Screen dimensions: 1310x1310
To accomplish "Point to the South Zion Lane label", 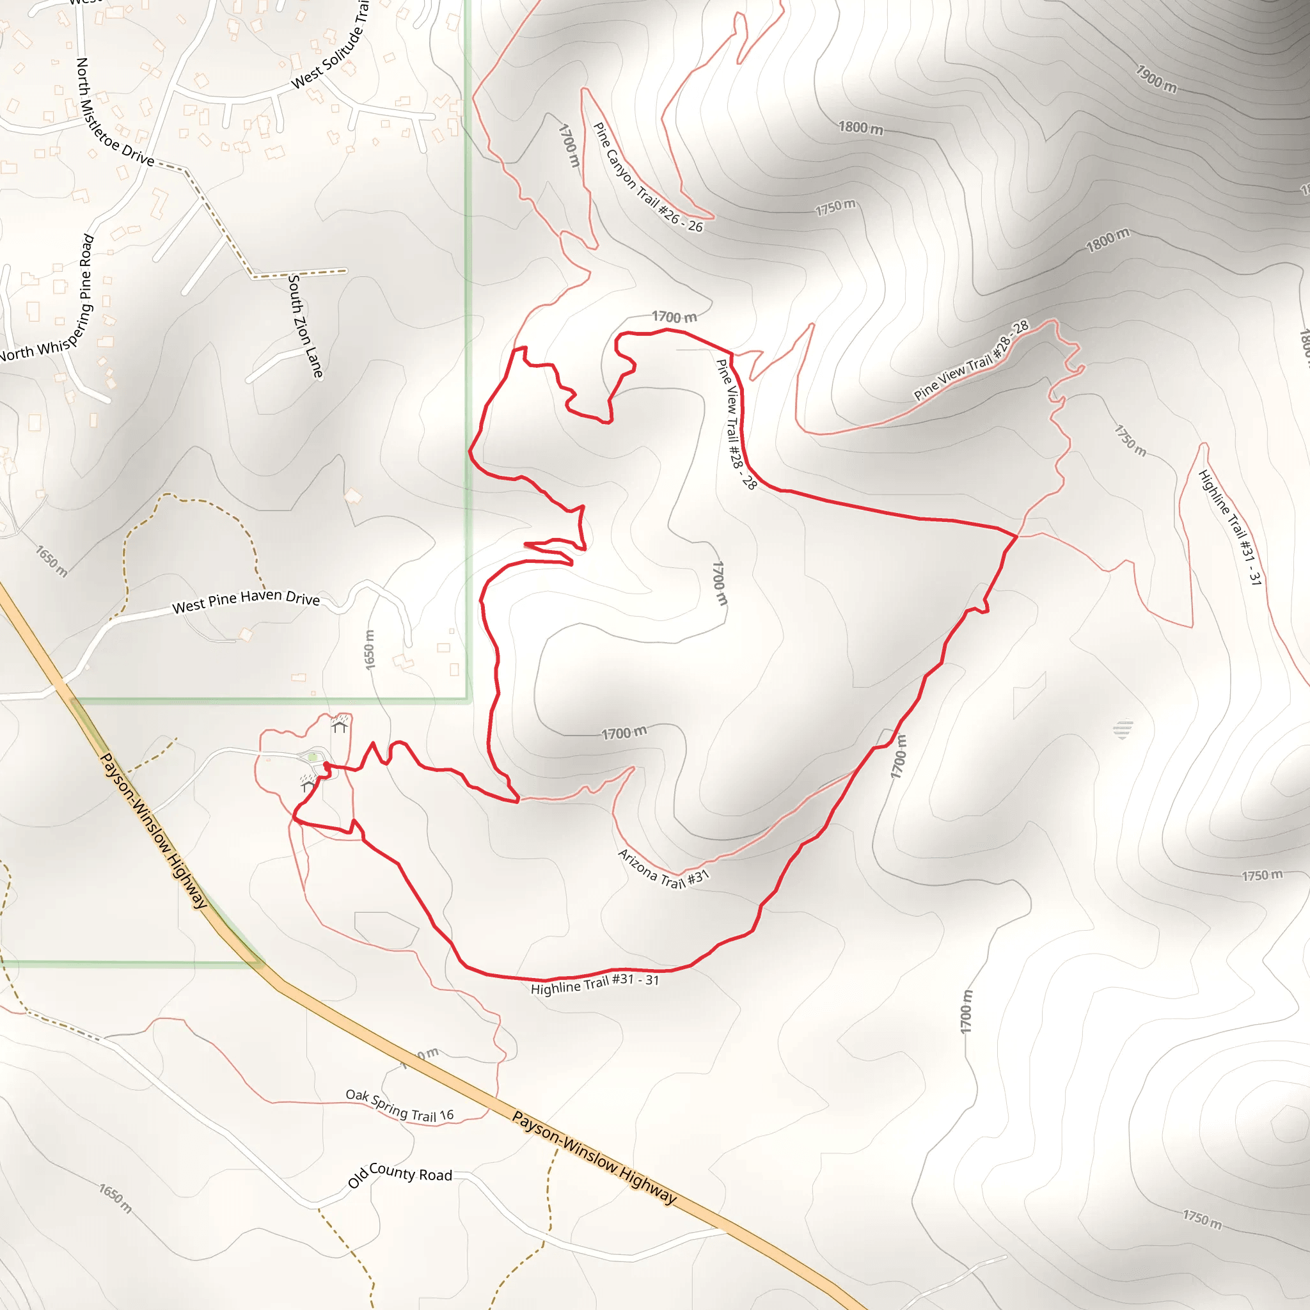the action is click(305, 326).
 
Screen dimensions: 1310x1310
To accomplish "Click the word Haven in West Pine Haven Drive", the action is click(262, 596).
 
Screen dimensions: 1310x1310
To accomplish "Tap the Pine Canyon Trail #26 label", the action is click(647, 178).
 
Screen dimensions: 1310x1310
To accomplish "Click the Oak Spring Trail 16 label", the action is click(399, 1106).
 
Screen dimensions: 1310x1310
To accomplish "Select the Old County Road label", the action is click(399, 1176).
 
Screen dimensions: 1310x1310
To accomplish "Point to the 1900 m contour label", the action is click(1156, 79).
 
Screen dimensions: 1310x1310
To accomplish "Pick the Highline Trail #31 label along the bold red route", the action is click(595, 984).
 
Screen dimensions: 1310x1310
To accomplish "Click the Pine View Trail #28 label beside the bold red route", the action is click(736, 425).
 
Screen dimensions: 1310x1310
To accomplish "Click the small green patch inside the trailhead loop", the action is click(312, 757).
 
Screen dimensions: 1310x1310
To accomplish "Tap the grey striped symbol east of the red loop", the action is click(1123, 730).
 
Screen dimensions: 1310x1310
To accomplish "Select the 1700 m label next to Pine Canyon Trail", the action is click(569, 145).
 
